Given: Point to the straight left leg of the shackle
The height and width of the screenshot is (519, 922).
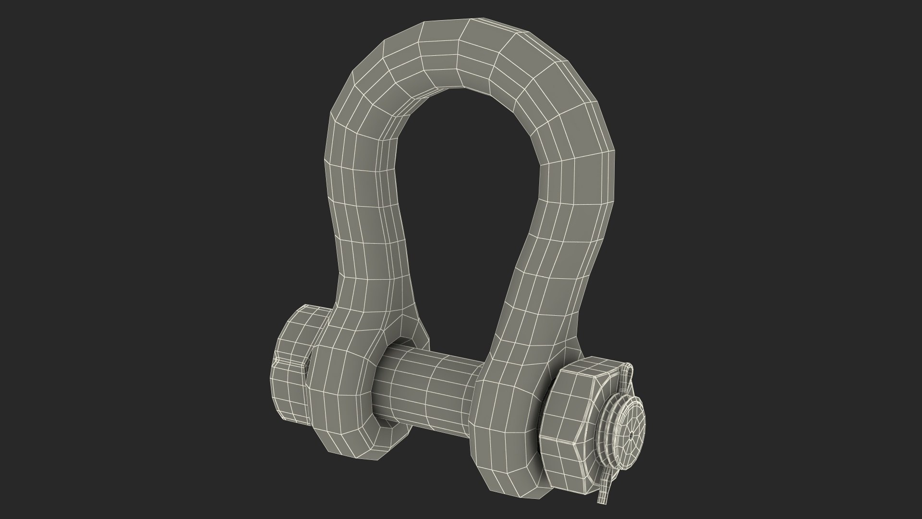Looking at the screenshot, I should point(365,231).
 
